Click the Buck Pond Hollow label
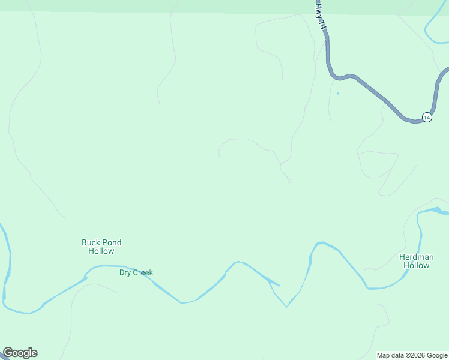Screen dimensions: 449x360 pyautogui.click(x=101, y=247)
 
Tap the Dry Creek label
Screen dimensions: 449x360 pyautogui.click(x=136, y=272)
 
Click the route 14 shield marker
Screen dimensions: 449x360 pyautogui.click(x=426, y=117)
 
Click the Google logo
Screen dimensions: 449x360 pyautogui.click(x=20, y=353)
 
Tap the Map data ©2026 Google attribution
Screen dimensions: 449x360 pyautogui.click(x=412, y=355)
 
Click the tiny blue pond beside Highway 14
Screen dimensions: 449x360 pyautogui.click(x=338, y=93)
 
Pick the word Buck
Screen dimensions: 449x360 pyautogui.click(x=91, y=242)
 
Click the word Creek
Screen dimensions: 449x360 pyautogui.click(x=143, y=272)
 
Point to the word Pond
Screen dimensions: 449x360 pyautogui.click(x=112, y=242)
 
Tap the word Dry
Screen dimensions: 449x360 pyautogui.click(x=125, y=272)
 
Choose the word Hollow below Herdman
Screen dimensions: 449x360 pyautogui.click(x=415, y=265)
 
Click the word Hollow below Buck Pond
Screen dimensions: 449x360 pyautogui.click(x=101, y=251)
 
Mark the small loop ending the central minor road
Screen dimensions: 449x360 pyautogui.click(x=289, y=180)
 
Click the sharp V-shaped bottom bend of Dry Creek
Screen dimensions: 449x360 pyautogui.click(x=286, y=307)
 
